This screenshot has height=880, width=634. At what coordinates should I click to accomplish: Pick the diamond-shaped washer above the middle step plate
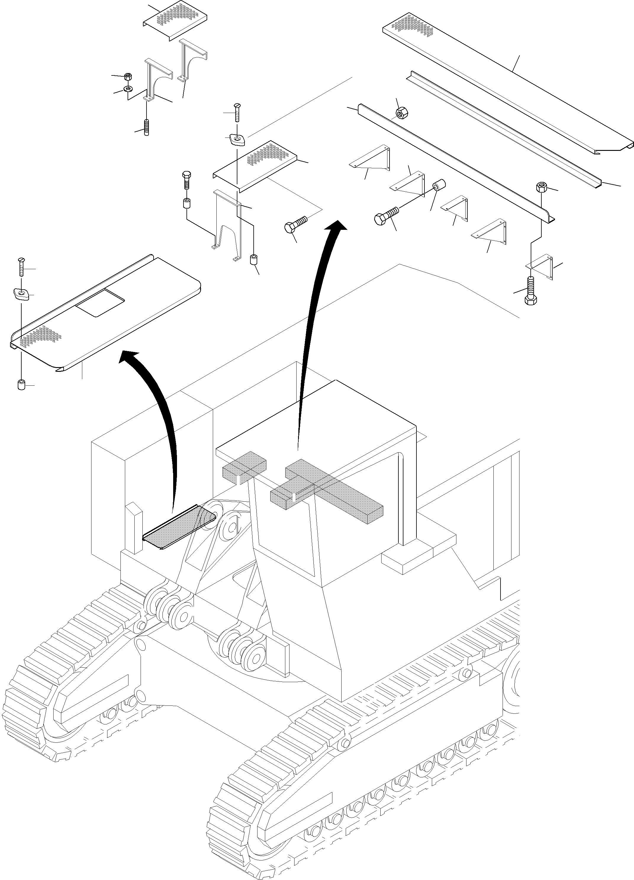coord(236,139)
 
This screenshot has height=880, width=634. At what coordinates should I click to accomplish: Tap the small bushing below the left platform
coord(21,385)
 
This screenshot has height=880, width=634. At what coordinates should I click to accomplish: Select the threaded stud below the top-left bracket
coord(147,127)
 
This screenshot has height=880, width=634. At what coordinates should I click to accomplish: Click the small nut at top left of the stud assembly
coord(128,75)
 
